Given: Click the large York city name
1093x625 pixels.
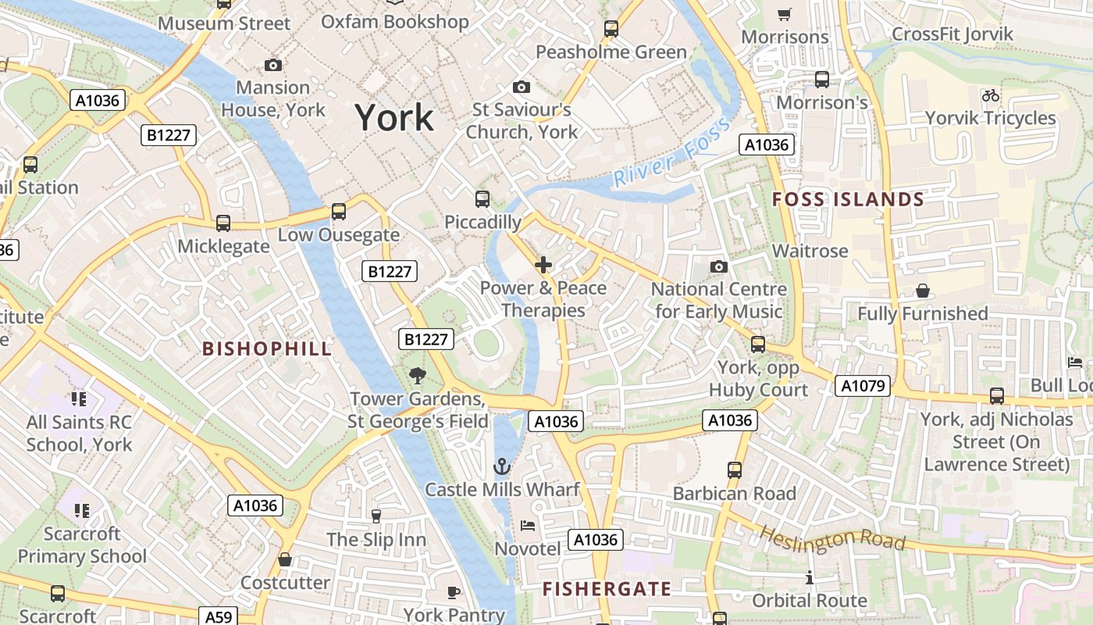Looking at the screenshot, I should click(x=394, y=118).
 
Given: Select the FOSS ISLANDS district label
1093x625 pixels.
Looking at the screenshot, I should click(x=848, y=200).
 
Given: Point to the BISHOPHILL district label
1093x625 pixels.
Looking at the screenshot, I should click(x=267, y=348).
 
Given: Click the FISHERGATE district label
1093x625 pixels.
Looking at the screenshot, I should click(x=607, y=589).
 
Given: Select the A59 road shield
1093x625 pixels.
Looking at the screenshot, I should click(x=218, y=617).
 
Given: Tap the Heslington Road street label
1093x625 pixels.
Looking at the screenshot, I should click(x=832, y=538).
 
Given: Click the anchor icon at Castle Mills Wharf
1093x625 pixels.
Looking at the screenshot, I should click(x=502, y=467).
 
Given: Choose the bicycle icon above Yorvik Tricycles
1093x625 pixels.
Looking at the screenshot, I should click(x=991, y=95).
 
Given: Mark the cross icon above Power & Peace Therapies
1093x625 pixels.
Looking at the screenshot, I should click(x=543, y=266).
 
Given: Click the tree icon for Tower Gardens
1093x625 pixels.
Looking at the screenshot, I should click(x=418, y=376).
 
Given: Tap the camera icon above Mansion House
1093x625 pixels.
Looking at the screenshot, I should click(x=273, y=65).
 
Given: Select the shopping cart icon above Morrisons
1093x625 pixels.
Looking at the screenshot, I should click(x=785, y=14).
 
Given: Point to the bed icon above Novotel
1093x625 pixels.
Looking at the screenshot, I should click(x=528, y=526).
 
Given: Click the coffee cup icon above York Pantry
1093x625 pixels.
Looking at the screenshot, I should click(x=453, y=592).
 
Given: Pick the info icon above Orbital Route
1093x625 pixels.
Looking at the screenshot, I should click(x=810, y=578).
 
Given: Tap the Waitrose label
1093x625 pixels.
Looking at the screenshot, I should click(x=810, y=251).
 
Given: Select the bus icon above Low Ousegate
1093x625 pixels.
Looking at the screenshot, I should click(x=338, y=211).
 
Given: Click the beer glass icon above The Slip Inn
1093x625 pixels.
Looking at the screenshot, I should click(x=376, y=516).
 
